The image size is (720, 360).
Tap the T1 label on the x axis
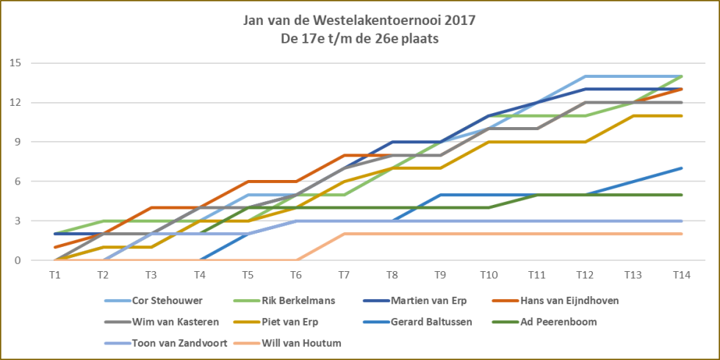click(54, 274)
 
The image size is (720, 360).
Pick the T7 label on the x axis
click(343, 274)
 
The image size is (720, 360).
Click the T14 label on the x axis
click(680, 274)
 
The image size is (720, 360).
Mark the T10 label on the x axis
click(488, 274)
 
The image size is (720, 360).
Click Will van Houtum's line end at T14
click(681, 234)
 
